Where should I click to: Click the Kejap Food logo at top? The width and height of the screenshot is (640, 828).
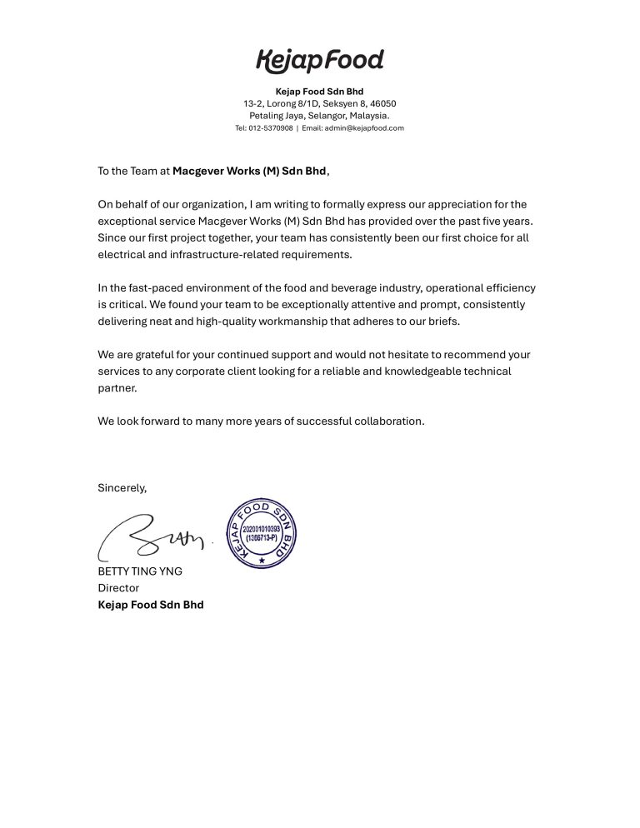tap(320, 61)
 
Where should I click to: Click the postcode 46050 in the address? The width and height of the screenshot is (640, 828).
tap(369, 103)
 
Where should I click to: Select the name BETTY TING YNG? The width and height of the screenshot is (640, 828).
tap(141, 571)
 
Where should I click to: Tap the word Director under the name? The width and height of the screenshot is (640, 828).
tap(118, 588)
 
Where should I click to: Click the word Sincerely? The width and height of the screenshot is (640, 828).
tap(122, 487)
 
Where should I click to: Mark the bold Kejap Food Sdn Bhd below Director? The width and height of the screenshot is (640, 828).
tap(151, 605)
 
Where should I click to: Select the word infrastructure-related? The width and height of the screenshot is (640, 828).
tap(219, 255)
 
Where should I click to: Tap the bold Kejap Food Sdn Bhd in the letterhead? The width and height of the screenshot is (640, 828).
tap(320, 91)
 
